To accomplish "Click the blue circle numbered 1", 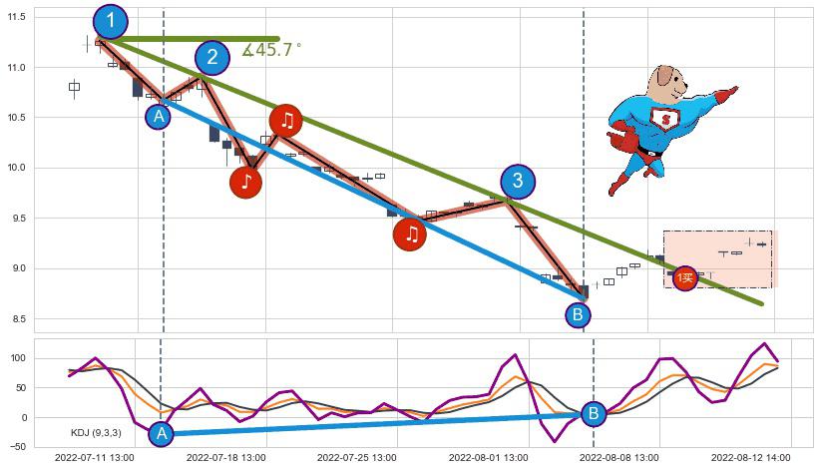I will (111, 21).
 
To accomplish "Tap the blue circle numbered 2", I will (211, 58).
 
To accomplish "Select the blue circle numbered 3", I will (517, 182).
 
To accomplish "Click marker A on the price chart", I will (158, 117).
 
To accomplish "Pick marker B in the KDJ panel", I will (594, 413).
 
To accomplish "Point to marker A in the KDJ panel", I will (161, 433).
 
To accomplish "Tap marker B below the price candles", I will (578, 315).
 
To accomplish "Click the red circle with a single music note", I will (245, 182).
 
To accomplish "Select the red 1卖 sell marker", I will (684, 278).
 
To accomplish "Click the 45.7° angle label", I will (271, 50).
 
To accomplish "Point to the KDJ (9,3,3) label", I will (96, 432).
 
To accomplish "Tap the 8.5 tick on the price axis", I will (20, 319).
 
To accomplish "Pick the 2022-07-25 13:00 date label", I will (356, 458).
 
